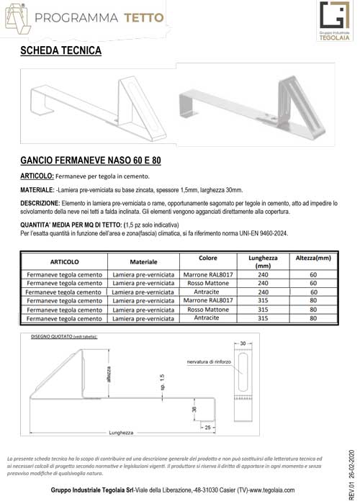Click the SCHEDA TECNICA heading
(x=61, y=51)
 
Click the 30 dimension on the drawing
(x=243, y=343)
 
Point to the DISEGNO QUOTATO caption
(x=63, y=336)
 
